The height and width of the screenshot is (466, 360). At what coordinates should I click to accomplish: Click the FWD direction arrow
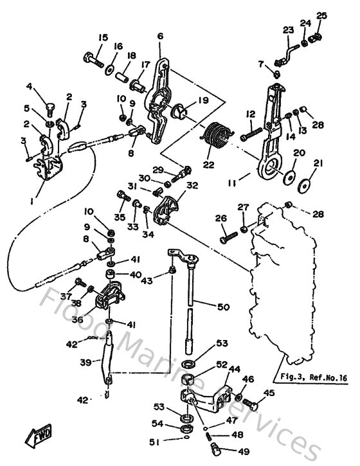40,438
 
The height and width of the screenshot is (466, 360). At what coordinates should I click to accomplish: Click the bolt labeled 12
252,136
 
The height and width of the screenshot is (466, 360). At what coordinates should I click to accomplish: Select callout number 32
191,185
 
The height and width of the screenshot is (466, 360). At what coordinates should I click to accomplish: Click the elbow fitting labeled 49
215,444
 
